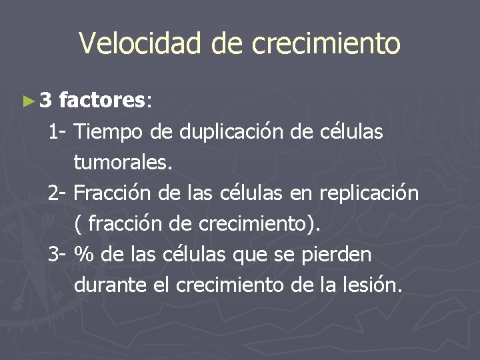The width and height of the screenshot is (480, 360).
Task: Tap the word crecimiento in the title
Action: (x=326, y=43)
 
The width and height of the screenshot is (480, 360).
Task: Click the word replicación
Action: (x=369, y=193)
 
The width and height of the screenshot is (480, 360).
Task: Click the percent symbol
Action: (x=84, y=255)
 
